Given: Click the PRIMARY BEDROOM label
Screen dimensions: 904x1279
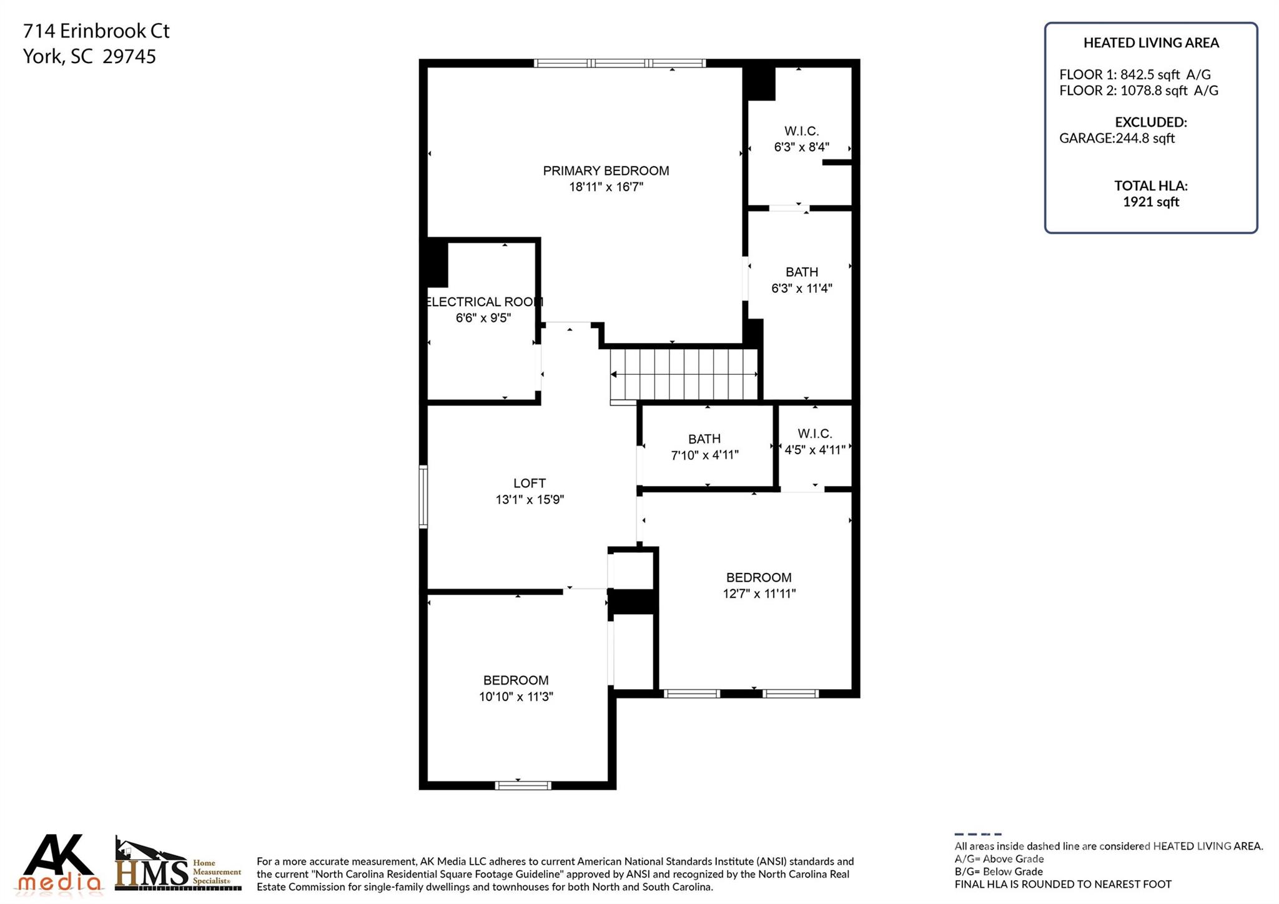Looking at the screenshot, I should [x=606, y=171].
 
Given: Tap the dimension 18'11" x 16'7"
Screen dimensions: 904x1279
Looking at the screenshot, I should [x=606, y=187].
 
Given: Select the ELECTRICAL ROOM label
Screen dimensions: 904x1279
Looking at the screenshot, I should [x=483, y=302].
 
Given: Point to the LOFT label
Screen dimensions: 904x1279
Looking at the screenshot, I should [x=530, y=483].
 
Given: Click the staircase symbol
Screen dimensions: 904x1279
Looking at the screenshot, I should [x=684, y=374].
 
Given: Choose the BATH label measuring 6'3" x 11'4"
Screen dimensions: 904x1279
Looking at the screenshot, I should [x=801, y=272].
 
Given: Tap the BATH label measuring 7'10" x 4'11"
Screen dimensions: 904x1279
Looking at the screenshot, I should [x=704, y=439].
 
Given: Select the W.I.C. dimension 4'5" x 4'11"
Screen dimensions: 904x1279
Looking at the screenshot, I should [x=815, y=450].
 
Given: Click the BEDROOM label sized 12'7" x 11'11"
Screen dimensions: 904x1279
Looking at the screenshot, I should [x=759, y=578].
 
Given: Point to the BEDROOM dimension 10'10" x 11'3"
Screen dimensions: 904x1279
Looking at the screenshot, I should [x=516, y=697].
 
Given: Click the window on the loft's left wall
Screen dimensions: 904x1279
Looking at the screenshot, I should [x=423, y=497].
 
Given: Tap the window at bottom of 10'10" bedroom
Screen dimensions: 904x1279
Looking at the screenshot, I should [x=523, y=785].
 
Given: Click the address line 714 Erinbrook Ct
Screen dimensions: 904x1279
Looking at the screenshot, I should [x=96, y=31].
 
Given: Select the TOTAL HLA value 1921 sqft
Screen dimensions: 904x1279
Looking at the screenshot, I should [x=1150, y=202].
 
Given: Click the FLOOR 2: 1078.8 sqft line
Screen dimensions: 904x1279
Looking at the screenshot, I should [x=1138, y=91].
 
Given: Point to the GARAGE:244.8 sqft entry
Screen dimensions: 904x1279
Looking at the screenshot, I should [x=1117, y=139].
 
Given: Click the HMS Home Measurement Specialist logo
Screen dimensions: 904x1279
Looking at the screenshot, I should [x=177, y=866].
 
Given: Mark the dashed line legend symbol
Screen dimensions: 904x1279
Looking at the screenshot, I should [x=977, y=834].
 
